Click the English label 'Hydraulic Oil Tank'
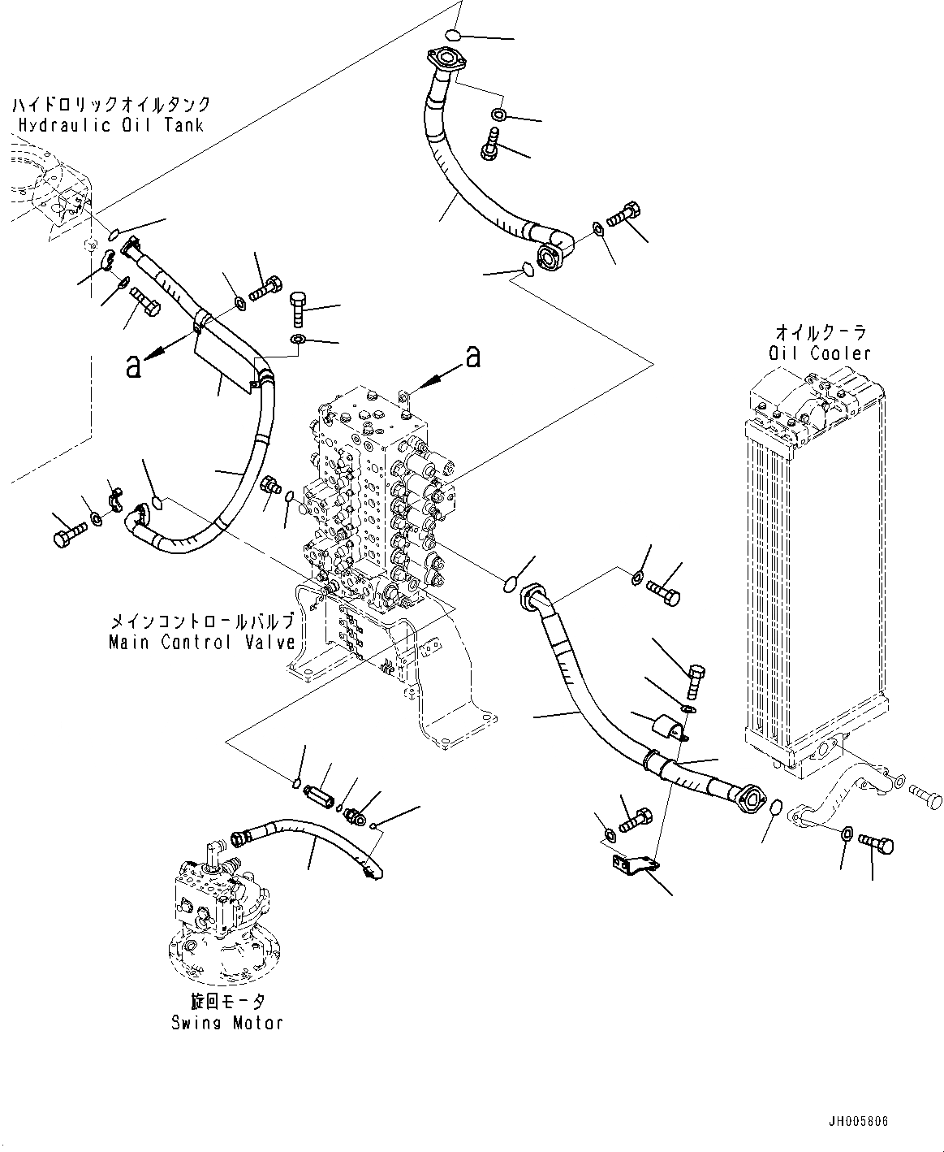click(x=110, y=125)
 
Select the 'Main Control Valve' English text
click(x=202, y=642)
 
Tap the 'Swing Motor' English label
click(x=226, y=1022)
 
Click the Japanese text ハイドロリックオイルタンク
click(x=111, y=105)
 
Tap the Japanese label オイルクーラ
click(x=821, y=332)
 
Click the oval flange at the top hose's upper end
click(x=443, y=59)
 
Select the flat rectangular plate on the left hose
click(x=224, y=357)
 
